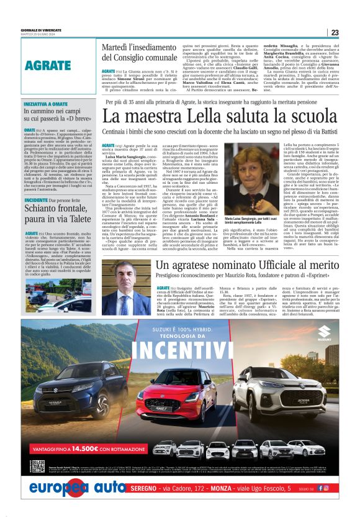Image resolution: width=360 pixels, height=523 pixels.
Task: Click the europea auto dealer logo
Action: [78, 488]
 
